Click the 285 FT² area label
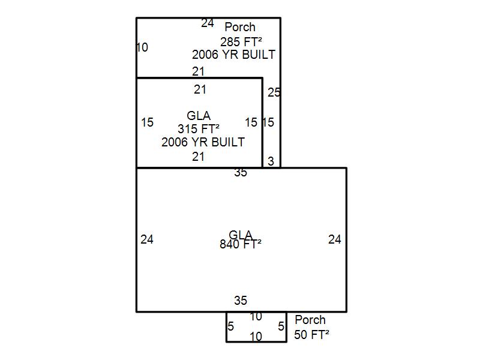click(241, 41)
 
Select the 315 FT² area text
click(198, 128)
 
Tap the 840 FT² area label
click(241, 244)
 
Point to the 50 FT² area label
click(311, 334)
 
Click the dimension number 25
click(274, 92)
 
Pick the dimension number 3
click(271, 161)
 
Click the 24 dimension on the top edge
click(208, 23)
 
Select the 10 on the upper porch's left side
click(142, 47)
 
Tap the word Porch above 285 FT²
click(240, 27)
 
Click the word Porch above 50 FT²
click(310, 320)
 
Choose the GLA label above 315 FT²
click(199, 116)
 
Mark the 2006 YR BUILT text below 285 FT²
click(233, 55)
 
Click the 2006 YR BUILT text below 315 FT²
click(203, 142)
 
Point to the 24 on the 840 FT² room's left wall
click(147, 239)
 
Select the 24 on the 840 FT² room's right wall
click(335, 239)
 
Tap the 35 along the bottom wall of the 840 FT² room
click(241, 301)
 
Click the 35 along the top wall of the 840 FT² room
click(241, 173)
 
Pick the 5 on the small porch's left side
click(231, 327)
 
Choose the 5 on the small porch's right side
click(281, 327)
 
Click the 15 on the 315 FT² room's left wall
click(147, 122)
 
